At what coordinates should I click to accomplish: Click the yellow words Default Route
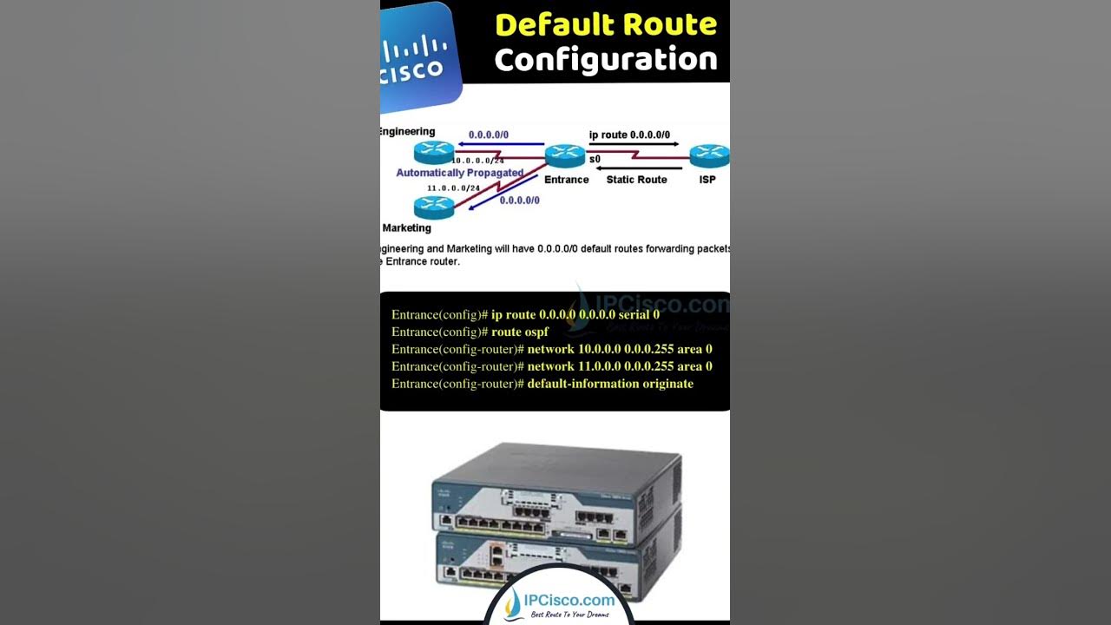(x=606, y=24)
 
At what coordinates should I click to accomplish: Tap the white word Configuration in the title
(x=606, y=60)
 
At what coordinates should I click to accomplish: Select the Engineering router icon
(x=434, y=153)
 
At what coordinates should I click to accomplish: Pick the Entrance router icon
(x=565, y=156)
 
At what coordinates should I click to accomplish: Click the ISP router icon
(x=708, y=156)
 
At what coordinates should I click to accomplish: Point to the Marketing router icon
(x=434, y=207)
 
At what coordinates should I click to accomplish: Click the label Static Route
(x=636, y=180)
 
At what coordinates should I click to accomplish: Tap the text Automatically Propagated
(x=459, y=173)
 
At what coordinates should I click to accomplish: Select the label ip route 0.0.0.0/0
(x=629, y=135)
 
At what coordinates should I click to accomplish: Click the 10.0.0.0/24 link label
(x=477, y=161)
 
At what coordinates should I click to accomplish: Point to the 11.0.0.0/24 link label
(x=453, y=187)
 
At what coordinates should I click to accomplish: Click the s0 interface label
(x=595, y=160)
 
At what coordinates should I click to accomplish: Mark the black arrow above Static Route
(x=638, y=168)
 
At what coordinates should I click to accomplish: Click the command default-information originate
(x=610, y=384)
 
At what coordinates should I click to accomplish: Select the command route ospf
(x=520, y=332)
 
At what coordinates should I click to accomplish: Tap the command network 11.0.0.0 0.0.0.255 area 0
(x=620, y=366)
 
